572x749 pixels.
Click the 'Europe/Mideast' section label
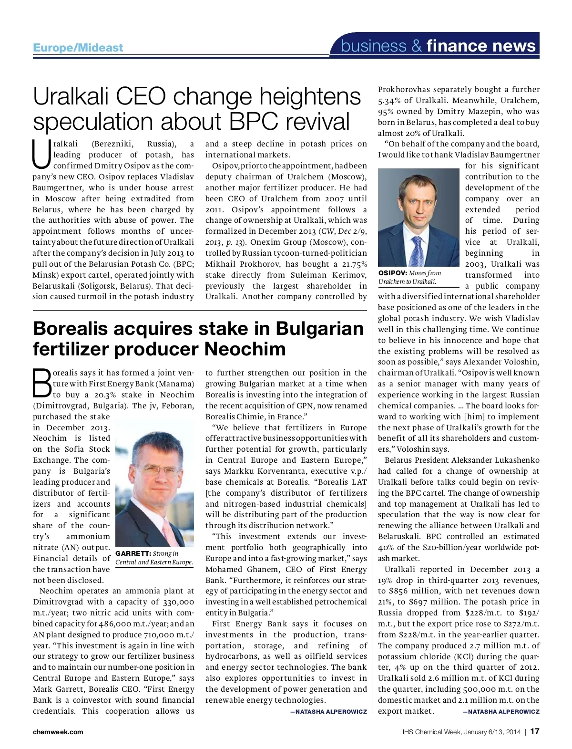(x=78, y=47)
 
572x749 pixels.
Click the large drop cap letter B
(x=41, y=383)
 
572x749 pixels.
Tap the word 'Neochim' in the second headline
(x=245, y=349)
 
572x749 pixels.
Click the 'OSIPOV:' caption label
(x=393, y=273)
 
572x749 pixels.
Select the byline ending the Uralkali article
(x=501, y=711)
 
